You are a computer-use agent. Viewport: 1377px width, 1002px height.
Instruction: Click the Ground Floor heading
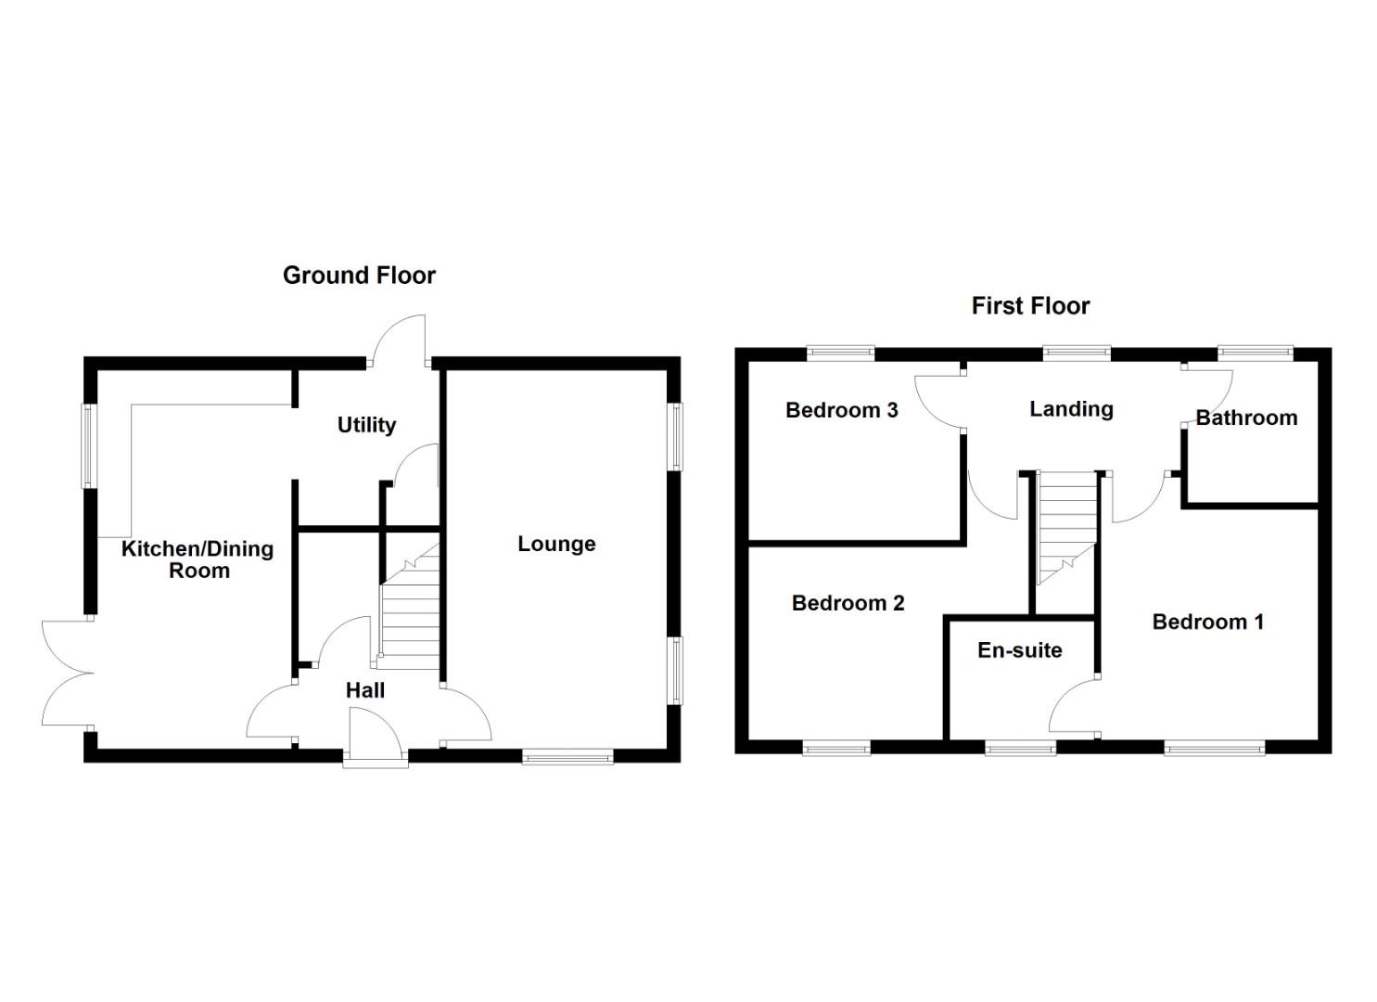point(359,276)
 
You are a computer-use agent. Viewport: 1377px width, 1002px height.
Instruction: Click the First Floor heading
point(1030,306)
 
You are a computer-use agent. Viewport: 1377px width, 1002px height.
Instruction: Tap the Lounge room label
point(556,545)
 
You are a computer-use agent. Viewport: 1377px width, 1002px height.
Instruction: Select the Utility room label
point(366,425)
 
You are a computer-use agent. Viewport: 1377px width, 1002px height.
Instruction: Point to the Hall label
point(365,690)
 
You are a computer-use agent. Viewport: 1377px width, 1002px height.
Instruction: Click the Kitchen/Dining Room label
point(198,559)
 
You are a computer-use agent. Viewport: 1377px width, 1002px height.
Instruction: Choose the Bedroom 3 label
point(841,410)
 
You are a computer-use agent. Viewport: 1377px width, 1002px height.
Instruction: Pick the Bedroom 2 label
point(848,603)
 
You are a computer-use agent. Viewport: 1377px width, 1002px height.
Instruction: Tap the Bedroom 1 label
point(1207,622)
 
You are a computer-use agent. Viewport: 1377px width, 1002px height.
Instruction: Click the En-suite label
point(1019,650)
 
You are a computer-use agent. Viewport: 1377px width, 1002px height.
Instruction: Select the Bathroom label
point(1246,418)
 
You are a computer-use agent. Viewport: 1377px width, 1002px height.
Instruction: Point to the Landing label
point(1071,409)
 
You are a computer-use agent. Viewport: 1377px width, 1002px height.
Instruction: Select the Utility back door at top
point(400,341)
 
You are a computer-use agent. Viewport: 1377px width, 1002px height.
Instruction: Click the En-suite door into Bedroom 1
point(1074,710)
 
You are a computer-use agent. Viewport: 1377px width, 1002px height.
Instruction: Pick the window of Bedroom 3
point(840,353)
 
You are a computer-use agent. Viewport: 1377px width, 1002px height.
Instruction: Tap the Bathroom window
point(1255,353)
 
